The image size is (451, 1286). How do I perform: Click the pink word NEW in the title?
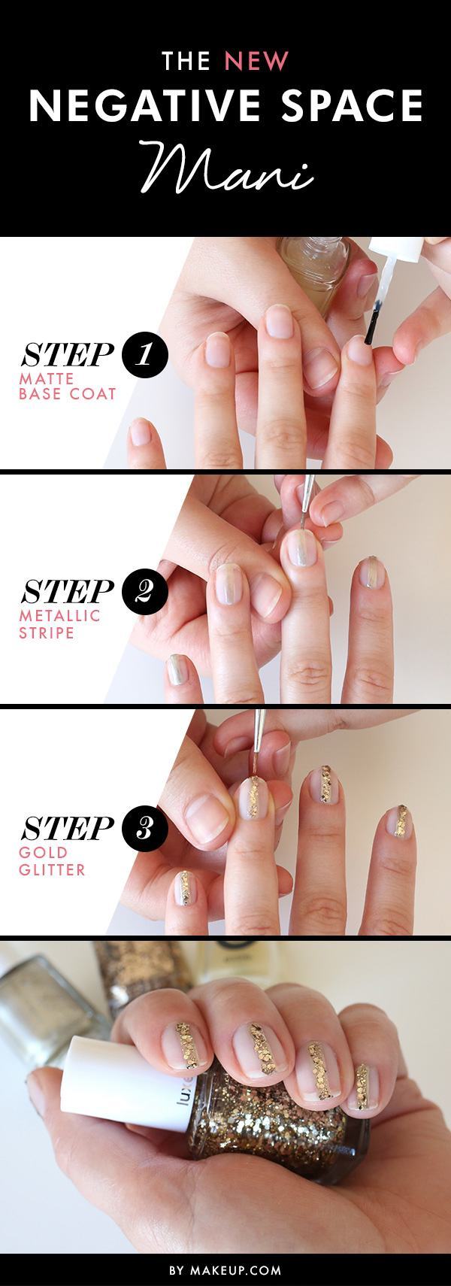(x=259, y=61)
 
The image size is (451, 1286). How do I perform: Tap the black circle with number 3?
(x=143, y=828)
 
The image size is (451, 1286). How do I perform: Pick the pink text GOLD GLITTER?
(x=55, y=862)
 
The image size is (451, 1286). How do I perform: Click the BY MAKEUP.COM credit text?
(x=225, y=1270)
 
